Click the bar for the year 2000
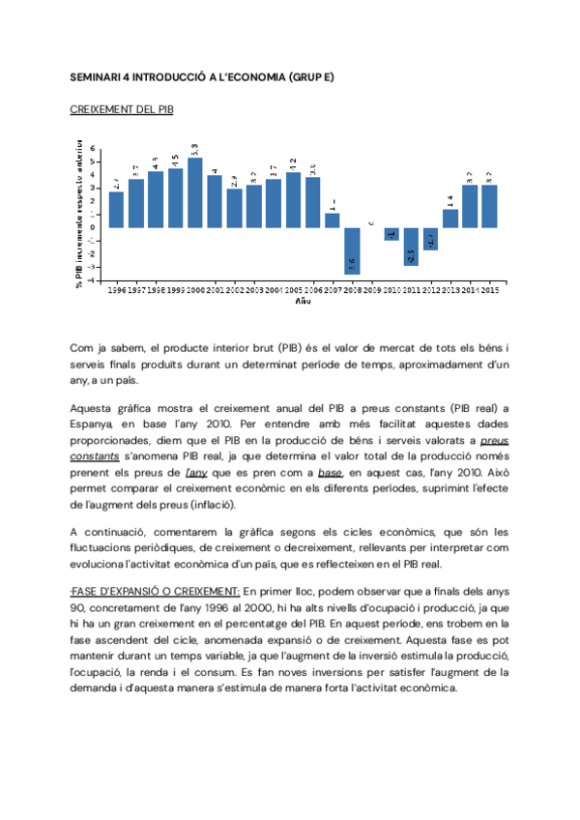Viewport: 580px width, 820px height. tap(194, 193)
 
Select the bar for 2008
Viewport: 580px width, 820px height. tap(352, 250)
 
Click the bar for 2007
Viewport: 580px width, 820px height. tap(333, 220)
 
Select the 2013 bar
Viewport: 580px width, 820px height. tap(450, 219)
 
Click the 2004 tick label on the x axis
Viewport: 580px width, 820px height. tap(274, 289)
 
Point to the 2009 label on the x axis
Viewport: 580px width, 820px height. tap(372, 289)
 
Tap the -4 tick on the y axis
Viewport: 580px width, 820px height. tap(93, 280)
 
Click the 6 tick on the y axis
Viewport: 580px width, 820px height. tap(93, 148)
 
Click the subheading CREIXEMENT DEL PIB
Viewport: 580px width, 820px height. tap(122, 111)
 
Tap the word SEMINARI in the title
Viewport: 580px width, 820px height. tap(96, 76)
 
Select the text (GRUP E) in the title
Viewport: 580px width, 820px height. tap(310, 76)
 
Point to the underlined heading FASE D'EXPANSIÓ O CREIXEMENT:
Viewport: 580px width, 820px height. tap(155, 591)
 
